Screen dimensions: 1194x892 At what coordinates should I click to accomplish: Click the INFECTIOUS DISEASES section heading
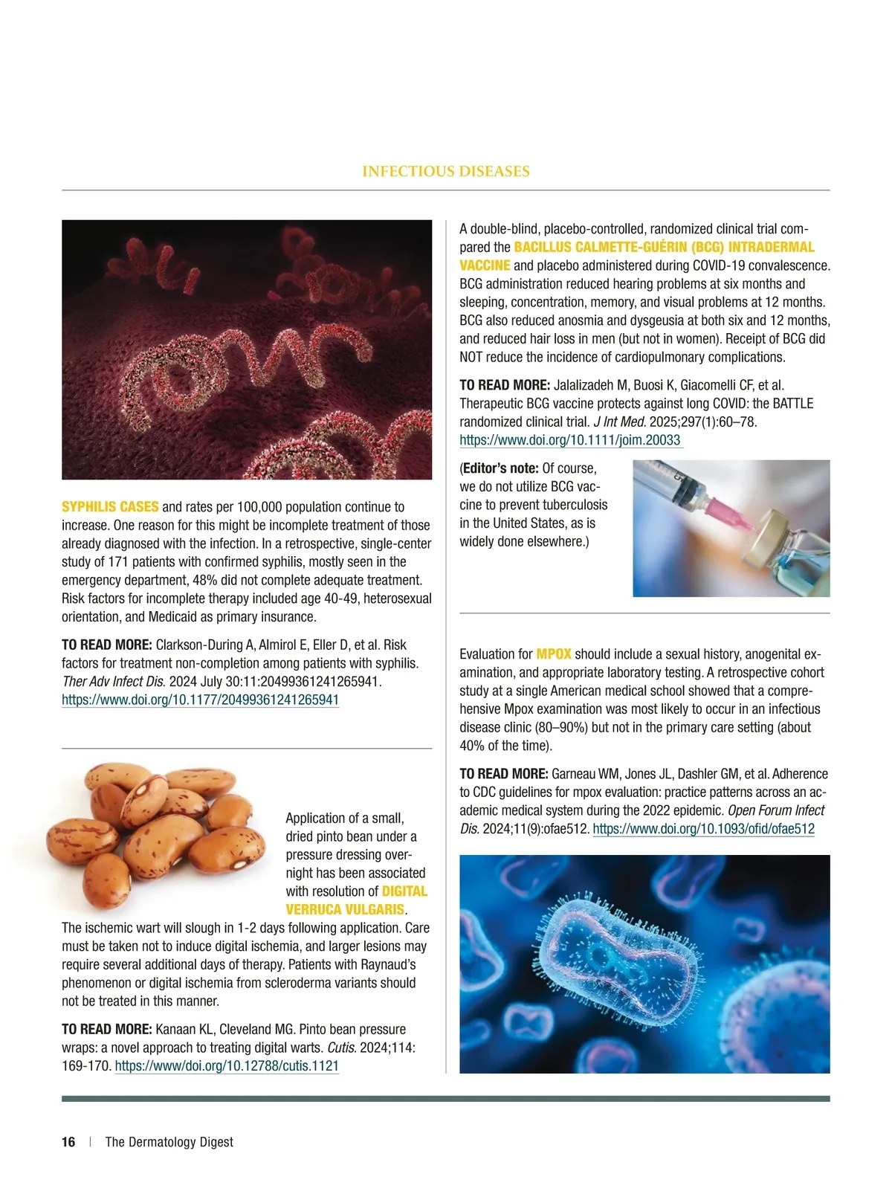pyautogui.click(x=445, y=172)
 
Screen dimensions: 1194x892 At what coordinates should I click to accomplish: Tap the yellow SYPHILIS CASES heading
pyautogui.click(x=110, y=507)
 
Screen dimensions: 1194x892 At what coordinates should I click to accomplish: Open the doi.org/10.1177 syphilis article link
pyautogui.click(x=200, y=700)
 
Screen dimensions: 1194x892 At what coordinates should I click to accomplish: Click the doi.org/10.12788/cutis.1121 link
pyautogui.click(x=227, y=1066)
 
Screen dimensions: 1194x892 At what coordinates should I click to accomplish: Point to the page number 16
pyautogui.click(x=68, y=1142)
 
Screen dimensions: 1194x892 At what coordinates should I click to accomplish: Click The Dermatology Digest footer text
pyautogui.click(x=169, y=1142)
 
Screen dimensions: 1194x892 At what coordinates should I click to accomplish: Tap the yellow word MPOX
pyautogui.click(x=554, y=654)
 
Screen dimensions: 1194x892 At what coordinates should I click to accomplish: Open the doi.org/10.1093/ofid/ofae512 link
pyautogui.click(x=703, y=829)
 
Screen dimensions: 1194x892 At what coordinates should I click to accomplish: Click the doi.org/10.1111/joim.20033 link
pyautogui.click(x=570, y=440)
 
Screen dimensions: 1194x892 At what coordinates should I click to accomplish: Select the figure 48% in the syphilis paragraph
pyautogui.click(x=205, y=581)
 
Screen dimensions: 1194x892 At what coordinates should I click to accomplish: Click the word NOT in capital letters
pyautogui.click(x=474, y=357)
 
